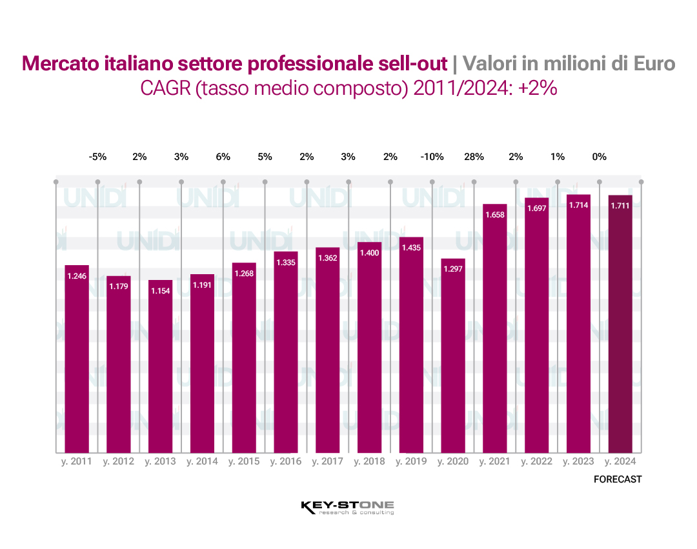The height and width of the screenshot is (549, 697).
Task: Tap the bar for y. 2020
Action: (453, 355)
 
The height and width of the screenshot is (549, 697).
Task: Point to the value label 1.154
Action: (161, 292)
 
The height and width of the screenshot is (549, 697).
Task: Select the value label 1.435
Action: (411, 248)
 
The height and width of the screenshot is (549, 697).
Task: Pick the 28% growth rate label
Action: (474, 157)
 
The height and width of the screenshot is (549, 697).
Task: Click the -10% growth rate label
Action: (432, 157)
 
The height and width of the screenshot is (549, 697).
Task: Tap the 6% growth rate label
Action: (223, 157)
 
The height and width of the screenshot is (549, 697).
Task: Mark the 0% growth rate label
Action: (599, 157)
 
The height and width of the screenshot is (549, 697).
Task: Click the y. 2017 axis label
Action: (328, 462)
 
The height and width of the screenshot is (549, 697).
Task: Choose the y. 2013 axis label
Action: (161, 462)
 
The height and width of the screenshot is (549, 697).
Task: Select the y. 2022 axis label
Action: (536, 462)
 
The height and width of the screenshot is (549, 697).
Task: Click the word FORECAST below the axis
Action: (618, 479)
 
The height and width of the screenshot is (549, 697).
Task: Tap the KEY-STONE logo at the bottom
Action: (347, 507)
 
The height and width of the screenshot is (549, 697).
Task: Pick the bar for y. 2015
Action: (244, 357)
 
